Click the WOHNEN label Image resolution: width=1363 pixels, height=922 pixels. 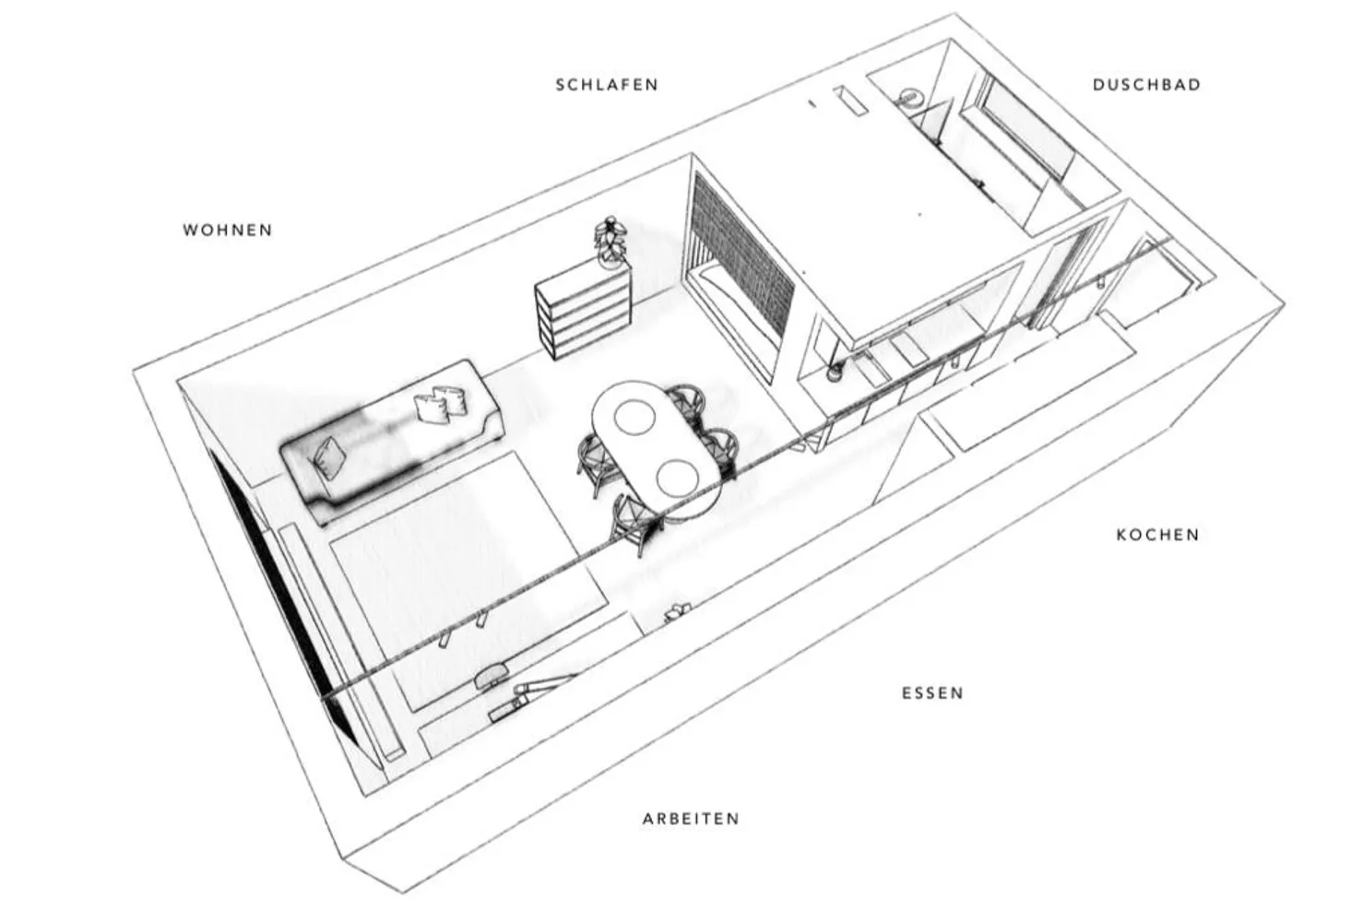[x=228, y=230]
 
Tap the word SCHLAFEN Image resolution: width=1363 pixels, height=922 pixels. [x=608, y=85]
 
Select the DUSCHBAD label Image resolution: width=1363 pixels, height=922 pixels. [x=1147, y=85]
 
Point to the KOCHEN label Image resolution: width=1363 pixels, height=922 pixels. [x=1158, y=535]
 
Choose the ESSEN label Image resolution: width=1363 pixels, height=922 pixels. [x=933, y=693]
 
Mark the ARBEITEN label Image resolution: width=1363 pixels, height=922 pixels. [x=692, y=820]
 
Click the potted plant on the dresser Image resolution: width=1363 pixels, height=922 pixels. [x=610, y=242]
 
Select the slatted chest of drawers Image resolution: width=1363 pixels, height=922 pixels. [x=584, y=310]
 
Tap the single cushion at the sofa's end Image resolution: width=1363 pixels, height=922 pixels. [x=330, y=457]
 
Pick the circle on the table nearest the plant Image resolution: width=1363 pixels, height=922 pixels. [x=634, y=418]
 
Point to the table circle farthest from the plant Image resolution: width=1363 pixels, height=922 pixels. [x=678, y=476]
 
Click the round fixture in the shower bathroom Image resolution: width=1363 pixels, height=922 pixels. [x=910, y=96]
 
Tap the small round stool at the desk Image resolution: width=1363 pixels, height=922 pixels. [x=492, y=675]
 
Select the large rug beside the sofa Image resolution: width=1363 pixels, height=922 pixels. [x=468, y=578]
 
